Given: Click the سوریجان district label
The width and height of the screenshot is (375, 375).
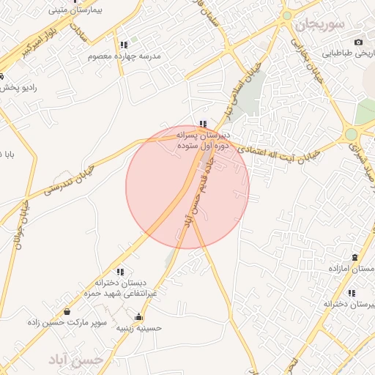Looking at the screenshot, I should coord(319,25).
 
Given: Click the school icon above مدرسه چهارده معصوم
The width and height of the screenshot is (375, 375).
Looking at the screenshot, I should coord(123,45).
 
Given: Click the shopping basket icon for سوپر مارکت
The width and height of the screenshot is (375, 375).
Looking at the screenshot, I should coord(67,311).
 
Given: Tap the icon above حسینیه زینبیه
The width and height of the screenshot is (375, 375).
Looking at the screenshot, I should coord(139,316).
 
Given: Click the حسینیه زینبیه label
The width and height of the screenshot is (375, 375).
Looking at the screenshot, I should coord(139,327).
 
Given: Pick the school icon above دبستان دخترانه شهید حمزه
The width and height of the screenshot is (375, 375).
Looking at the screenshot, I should coord(120,272).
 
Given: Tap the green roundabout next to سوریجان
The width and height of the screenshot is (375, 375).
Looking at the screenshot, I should coord(287,15).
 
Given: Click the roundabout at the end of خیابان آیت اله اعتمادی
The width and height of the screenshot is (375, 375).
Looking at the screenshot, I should coord(352,134).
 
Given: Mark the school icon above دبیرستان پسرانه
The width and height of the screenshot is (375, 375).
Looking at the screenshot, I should coord(203,124).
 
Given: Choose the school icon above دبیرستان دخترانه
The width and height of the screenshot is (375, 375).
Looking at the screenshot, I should coord(352,292).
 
